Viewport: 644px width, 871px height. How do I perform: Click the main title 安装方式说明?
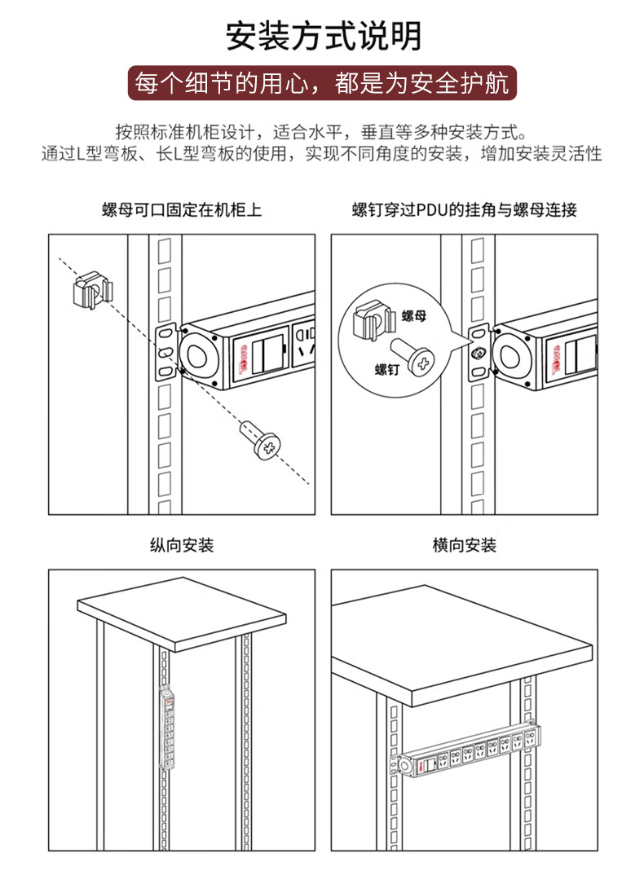(324, 37)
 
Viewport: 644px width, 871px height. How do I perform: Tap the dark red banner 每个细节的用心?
(322, 83)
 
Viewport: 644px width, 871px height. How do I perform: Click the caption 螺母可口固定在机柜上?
(181, 210)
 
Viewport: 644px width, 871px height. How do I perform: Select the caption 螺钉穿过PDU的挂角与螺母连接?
(464, 210)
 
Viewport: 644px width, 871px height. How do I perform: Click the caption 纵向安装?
(181, 545)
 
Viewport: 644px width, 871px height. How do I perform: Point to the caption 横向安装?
(464, 545)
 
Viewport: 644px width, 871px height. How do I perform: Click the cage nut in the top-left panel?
(92, 289)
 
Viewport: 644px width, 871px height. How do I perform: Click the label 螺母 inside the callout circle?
(414, 315)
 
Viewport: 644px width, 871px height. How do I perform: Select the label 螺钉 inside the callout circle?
(386, 369)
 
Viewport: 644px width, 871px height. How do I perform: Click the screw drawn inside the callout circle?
(412, 356)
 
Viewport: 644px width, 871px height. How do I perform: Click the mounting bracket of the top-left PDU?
(165, 352)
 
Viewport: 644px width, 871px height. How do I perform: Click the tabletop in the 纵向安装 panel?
(182, 614)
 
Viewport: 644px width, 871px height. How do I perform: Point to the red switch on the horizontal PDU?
(421, 767)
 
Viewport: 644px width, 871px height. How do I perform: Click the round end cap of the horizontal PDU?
(407, 766)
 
